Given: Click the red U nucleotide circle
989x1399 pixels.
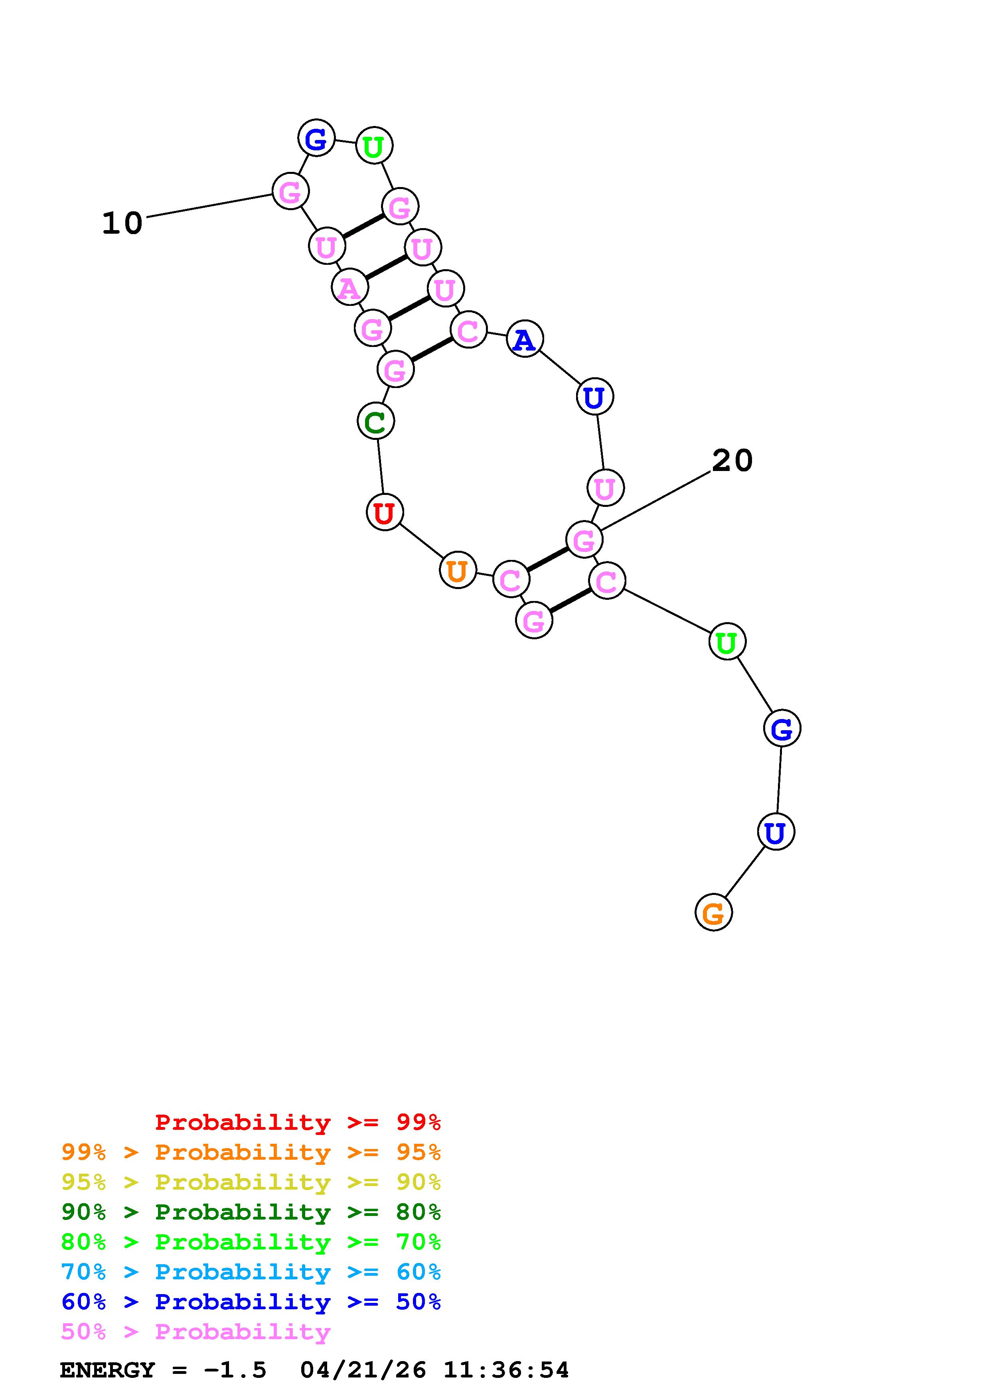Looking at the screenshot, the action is pos(385,512).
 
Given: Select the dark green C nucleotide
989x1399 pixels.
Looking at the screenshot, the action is pos(375,421).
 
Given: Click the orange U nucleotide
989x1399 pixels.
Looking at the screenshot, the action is pos(457,570).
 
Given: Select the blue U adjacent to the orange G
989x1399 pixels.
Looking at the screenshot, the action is pos(776,832).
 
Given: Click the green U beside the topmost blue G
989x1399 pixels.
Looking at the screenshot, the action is pos(373,146).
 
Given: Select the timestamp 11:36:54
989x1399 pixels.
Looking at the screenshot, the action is pos(506,1370).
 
